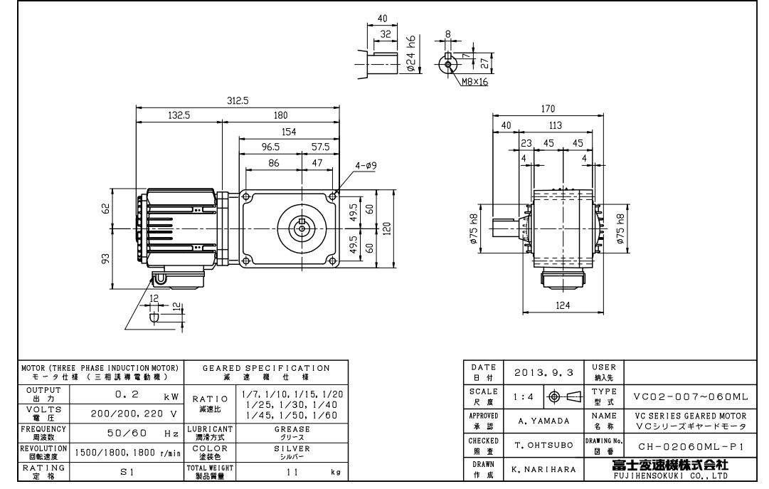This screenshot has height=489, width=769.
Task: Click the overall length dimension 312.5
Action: click(x=238, y=101)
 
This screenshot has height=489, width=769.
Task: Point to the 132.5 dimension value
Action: click(x=179, y=115)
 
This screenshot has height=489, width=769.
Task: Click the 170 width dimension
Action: click(x=546, y=110)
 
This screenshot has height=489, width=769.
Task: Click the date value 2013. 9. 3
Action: click(x=539, y=371)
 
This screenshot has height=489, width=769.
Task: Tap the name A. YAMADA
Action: click(x=539, y=420)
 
